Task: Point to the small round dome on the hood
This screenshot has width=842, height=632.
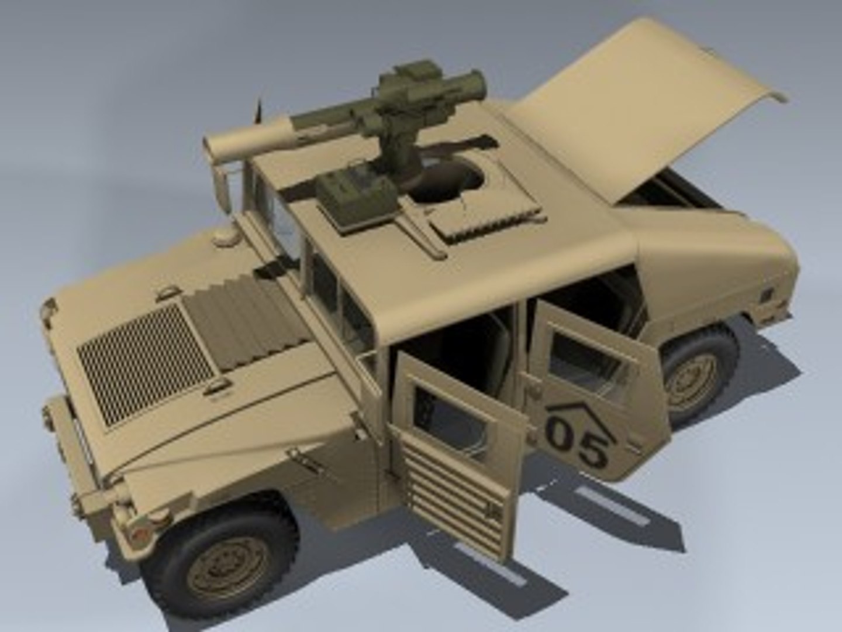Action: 223,236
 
